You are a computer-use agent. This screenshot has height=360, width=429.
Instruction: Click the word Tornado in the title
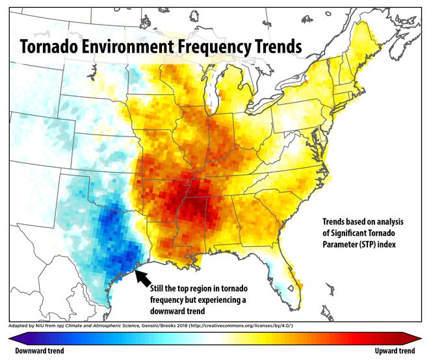pos(53,47)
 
